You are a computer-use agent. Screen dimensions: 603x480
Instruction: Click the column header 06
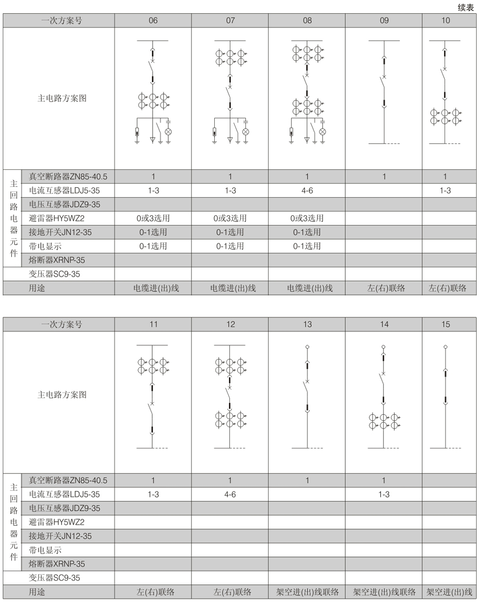coord(153,20)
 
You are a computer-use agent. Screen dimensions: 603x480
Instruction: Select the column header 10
coord(445,20)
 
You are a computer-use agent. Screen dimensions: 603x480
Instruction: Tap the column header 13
coord(307,324)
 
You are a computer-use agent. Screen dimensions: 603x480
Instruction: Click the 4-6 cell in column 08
coord(307,191)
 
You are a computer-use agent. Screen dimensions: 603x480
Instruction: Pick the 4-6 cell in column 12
coord(230,494)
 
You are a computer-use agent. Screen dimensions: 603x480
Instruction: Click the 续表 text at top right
coord(466,8)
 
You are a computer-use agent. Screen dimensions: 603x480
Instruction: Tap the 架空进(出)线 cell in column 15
coord(449,592)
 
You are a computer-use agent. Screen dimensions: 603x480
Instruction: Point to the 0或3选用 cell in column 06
coord(153,218)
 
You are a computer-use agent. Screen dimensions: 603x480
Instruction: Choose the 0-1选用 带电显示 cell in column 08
coord(307,246)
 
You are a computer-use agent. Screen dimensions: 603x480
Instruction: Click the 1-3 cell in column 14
coord(384,494)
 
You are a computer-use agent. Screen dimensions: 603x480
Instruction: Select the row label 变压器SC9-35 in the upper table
coord(54,274)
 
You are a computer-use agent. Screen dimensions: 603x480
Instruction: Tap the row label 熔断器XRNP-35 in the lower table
coord(57,564)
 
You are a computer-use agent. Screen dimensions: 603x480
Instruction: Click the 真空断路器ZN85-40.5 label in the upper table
coord(68,176)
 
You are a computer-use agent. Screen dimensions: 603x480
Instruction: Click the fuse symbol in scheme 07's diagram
coord(214,131)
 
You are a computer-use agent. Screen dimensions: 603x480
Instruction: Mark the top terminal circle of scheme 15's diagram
coord(445,347)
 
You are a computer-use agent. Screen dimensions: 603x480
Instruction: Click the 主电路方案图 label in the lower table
coord(62,394)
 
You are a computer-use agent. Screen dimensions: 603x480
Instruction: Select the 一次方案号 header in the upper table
coord(62,20)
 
